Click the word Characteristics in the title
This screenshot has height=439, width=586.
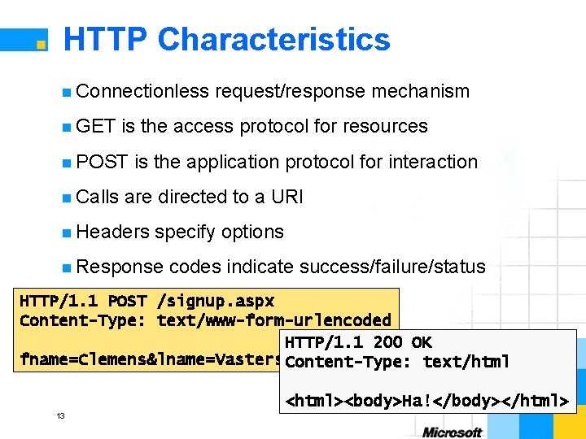274,40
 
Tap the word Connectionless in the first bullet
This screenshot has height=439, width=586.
143,91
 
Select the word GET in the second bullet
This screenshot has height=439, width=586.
96,126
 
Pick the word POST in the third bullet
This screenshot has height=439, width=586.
103,162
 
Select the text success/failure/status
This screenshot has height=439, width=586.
392,267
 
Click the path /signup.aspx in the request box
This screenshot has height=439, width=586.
216,301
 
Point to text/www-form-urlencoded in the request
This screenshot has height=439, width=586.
273,319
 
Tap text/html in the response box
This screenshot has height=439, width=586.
466,362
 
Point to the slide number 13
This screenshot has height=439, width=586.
60,416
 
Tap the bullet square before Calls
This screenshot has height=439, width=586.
66,198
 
